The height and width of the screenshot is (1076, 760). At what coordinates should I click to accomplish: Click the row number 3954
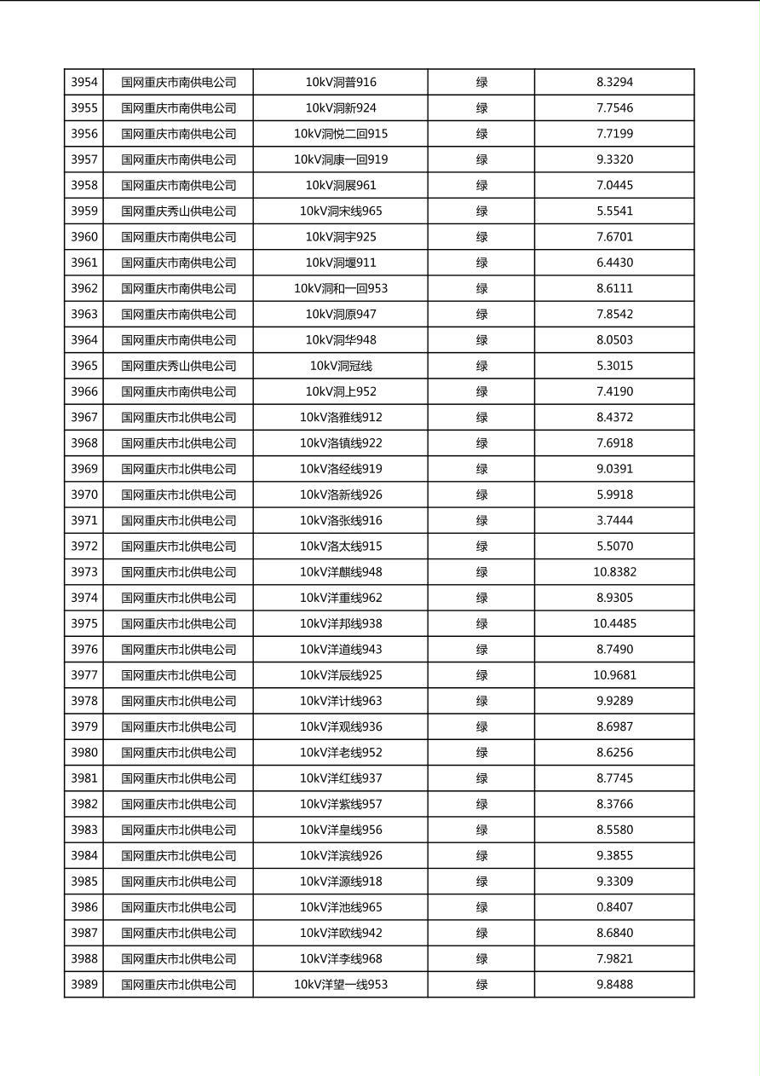click(84, 83)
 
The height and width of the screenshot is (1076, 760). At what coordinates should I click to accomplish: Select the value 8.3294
click(614, 83)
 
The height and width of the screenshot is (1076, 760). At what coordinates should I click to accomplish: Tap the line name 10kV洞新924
click(341, 108)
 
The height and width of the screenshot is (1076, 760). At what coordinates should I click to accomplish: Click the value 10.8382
click(614, 572)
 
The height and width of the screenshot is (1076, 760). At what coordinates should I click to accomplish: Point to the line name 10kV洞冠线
click(341, 366)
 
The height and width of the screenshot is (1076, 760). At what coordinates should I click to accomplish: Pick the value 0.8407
click(614, 907)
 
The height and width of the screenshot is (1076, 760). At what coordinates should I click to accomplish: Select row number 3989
click(84, 985)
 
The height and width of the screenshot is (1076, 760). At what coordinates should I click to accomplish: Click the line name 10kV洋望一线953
click(341, 985)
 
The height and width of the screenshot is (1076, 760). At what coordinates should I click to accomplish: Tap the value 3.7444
click(614, 521)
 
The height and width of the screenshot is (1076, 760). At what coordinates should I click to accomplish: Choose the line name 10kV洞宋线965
click(341, 211)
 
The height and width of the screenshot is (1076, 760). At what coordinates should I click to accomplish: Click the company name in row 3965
click(178, 366)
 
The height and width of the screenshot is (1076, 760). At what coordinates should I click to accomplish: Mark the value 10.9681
click(614, 675)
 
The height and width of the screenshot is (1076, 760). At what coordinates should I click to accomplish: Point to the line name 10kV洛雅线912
click(341, 418)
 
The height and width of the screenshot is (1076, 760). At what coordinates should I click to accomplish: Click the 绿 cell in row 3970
click(481, 495)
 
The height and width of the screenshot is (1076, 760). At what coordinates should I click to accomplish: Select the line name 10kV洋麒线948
click(341, 572)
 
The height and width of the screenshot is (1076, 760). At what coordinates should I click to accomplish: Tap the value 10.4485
click(614, 624)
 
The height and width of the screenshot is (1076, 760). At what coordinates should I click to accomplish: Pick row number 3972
click(84, 547)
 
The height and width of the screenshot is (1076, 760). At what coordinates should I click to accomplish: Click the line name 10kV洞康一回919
click(341, 159)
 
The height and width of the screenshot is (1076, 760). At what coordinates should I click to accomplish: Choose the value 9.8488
click(614, 985)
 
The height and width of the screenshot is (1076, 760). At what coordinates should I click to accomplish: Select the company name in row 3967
click(178, 418)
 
